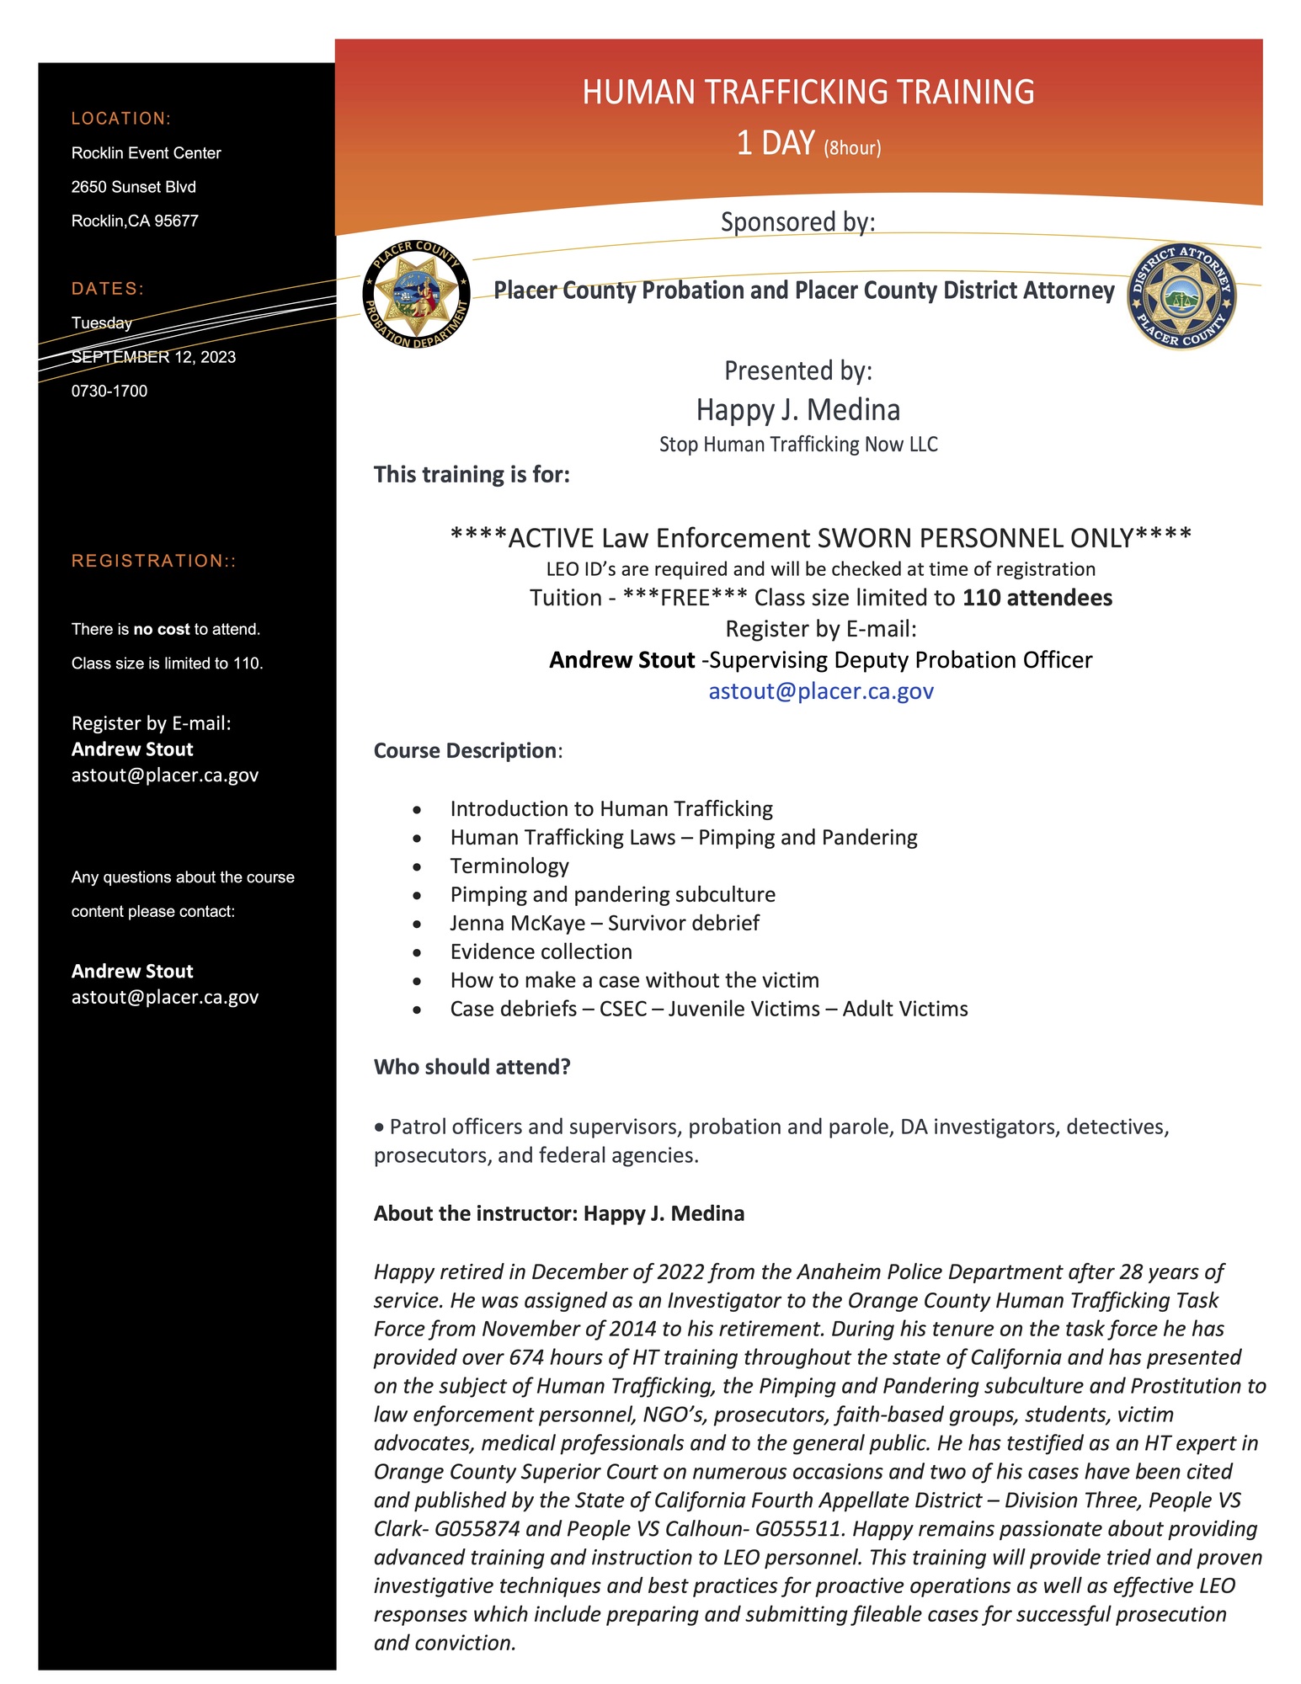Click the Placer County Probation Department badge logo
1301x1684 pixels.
click(x=416, y=295)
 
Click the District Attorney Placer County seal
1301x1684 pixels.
click(x=1181, y=296)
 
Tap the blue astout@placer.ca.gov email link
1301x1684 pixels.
click(x=820, y=690)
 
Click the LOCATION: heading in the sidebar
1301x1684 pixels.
click(x=121, y=119)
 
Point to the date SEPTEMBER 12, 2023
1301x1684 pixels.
click(x=153, y=357)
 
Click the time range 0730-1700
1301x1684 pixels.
click(x=109, y=391)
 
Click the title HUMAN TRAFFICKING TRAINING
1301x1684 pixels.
click(x=808, y=92)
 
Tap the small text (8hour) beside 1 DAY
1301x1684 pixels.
click(x=852, y=148)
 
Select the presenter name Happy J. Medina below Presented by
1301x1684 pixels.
click(x=797, y=410)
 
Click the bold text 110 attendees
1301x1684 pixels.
click(x=1037, y=598)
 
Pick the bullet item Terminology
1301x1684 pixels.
click(x=509, y=866)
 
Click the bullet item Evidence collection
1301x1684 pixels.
click(x=541, y=951)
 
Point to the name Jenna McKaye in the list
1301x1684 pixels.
click(x=517, y=923)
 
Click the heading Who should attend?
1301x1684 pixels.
click(x=472, y=1067)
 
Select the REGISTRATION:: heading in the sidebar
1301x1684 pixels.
click(x=153, y=561)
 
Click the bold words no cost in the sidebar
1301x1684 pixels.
click(x=161, y=629)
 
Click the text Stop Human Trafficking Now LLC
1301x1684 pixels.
click(x=797, y=445)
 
